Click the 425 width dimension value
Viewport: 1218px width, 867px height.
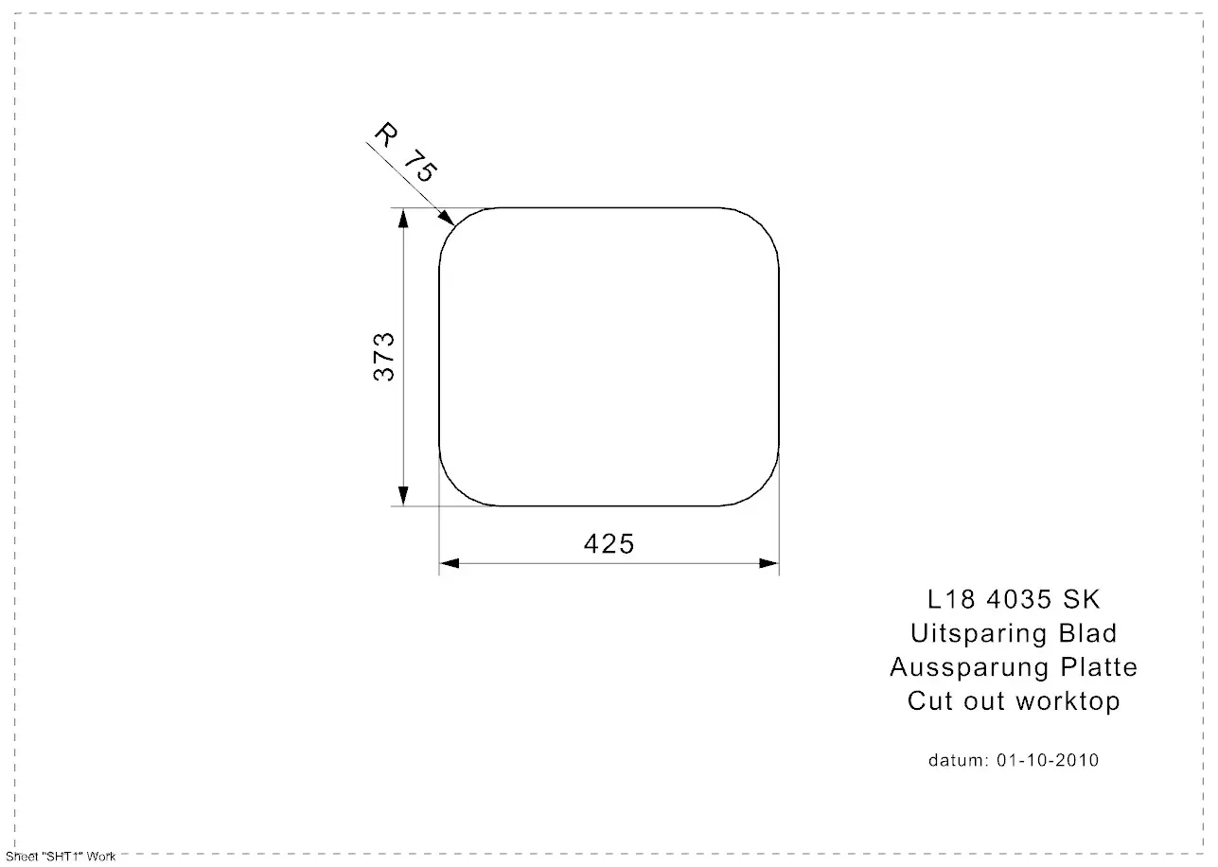click(x=609, y=543)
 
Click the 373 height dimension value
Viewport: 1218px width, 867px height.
click(x=384, y=357)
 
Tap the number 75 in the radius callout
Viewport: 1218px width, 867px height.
click(x=420, y=166)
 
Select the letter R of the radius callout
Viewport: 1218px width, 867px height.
click(x=386, y=134)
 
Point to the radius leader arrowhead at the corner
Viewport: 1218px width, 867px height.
click(x=447, y=218)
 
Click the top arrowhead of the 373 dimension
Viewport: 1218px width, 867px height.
click(x=403, y=218)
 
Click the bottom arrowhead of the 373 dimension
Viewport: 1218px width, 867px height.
click(x=403, y=496)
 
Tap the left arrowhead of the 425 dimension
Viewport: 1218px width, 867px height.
click(x=450, y=563)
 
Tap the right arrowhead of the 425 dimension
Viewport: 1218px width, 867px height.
click(x=768, y=563)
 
